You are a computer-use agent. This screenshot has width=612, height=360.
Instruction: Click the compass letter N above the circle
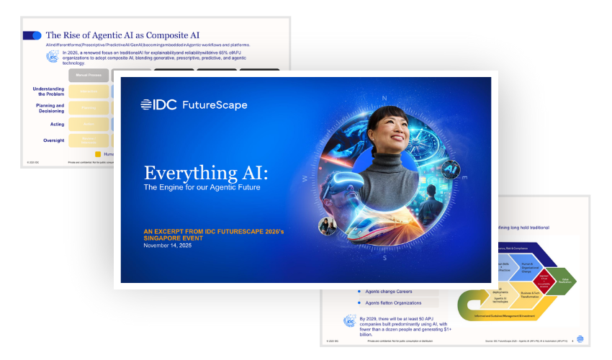pyautogui.click(x=385, y=99)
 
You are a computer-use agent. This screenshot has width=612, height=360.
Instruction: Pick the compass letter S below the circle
pyautogui.click(x=385, y=257)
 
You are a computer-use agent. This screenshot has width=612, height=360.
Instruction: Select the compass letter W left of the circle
pyautogui.click(x=305, y=178)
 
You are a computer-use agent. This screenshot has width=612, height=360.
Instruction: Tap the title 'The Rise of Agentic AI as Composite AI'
pyautogui.click(x=122, y=35)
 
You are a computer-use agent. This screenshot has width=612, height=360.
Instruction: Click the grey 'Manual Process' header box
pyautogui.click(x=89, y=74)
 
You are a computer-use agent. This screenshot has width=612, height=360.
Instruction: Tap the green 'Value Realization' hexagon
pyautogui.click(x=564, y=281)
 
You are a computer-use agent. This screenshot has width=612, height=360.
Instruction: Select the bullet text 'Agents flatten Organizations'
pyautogui.click(x=400, y=302)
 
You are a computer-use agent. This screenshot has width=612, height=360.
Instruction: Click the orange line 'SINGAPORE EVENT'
pyautogui.click(x=177, y=237)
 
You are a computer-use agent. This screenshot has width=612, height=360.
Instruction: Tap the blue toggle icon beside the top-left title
pyautogui.click(x=32, y=35)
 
